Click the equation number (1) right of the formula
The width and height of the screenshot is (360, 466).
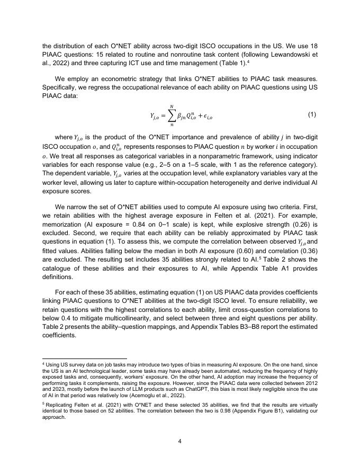coord(312,115)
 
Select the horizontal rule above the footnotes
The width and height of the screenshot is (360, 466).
coord(85,359)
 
